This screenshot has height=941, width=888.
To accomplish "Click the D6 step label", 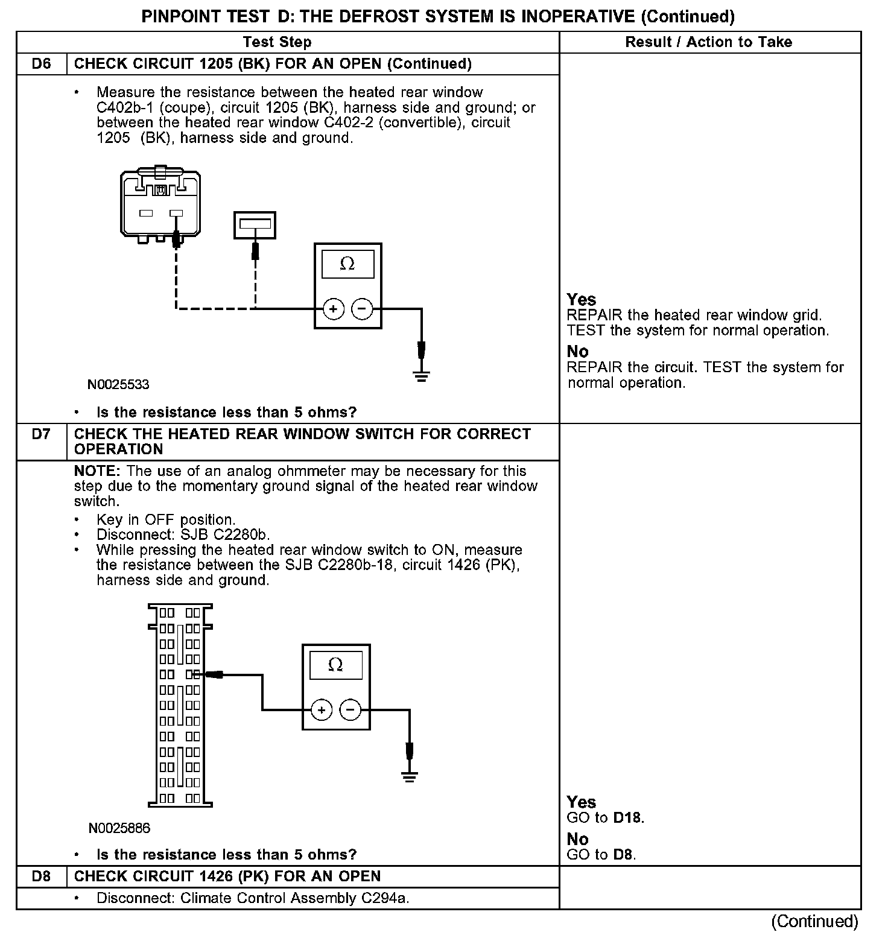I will (41, 64).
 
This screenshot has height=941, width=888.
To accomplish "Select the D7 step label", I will (41, 434).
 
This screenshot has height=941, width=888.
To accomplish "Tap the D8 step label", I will (41, 876).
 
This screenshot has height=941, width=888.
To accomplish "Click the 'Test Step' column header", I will (277, 42).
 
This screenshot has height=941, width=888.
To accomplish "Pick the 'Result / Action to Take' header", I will (709, 42).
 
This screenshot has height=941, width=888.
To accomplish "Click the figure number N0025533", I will (118, 385).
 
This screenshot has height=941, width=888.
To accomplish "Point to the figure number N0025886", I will (119, 828).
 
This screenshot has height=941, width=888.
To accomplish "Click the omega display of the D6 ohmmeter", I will (347, 264).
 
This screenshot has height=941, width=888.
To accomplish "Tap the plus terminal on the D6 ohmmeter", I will (334, 309).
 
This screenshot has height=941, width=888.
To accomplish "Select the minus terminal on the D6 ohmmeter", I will (362, 309).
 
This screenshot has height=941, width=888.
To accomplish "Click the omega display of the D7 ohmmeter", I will (335, 665).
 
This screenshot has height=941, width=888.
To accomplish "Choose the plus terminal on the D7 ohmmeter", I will (322, 710).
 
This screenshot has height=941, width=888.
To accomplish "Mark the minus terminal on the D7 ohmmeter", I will (350, 710).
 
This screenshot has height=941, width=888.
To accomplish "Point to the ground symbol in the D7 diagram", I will (410, 776).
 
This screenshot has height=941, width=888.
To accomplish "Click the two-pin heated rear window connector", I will (160, 205).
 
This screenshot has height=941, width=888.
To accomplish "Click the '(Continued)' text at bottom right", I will (814, 921).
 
